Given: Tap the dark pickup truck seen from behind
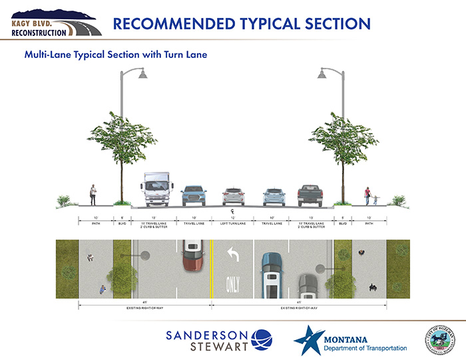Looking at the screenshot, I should [x=310, y=195].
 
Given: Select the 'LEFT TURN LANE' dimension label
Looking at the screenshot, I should [x=233, y=224].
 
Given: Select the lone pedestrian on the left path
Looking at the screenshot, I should [x=93, y=195].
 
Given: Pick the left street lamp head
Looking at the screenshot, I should [x=140, y=75].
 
